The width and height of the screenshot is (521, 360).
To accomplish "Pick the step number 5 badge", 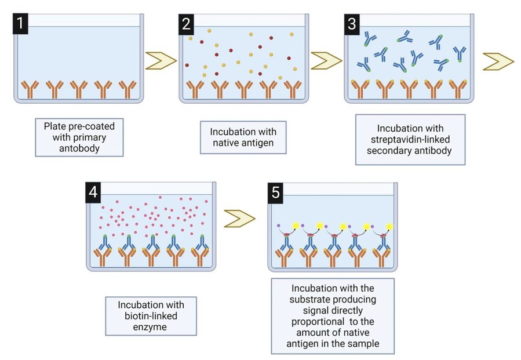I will coord(276,192).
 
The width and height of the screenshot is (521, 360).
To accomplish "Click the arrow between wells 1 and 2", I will coord(162,60).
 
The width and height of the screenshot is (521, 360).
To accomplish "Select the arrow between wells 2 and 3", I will coord(327,60).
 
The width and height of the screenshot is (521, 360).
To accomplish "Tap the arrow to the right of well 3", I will coord(498,60).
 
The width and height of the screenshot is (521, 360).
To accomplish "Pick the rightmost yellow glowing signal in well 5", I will coord(389,226).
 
